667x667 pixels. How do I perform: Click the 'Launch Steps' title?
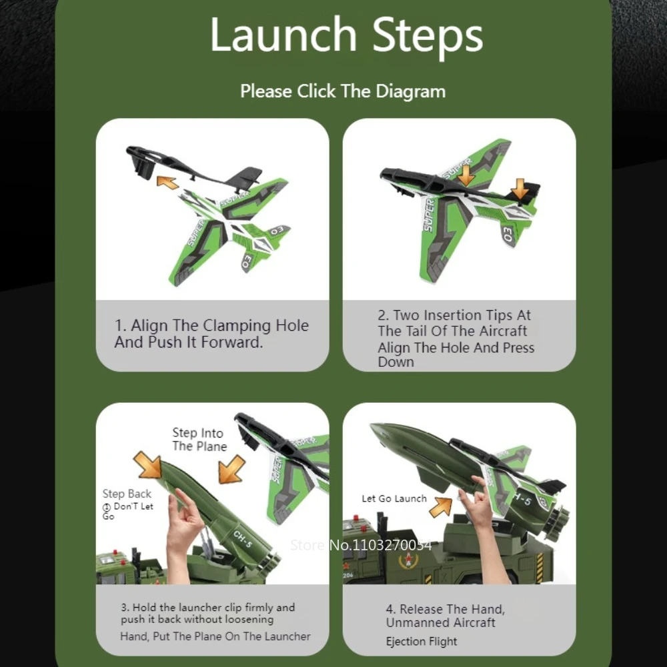(346, 35)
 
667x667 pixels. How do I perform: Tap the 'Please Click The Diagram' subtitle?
(343, 91)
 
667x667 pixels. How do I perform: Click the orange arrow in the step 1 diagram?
(167, 181)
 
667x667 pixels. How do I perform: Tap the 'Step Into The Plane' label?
(199, 440)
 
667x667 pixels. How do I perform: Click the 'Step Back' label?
(127, 494)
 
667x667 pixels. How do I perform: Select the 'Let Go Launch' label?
(394, 498)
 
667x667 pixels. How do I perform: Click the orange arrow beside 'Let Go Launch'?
(440, 506)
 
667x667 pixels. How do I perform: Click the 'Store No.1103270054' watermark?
(361, 545)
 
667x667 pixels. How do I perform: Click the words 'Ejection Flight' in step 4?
(422, 642)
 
